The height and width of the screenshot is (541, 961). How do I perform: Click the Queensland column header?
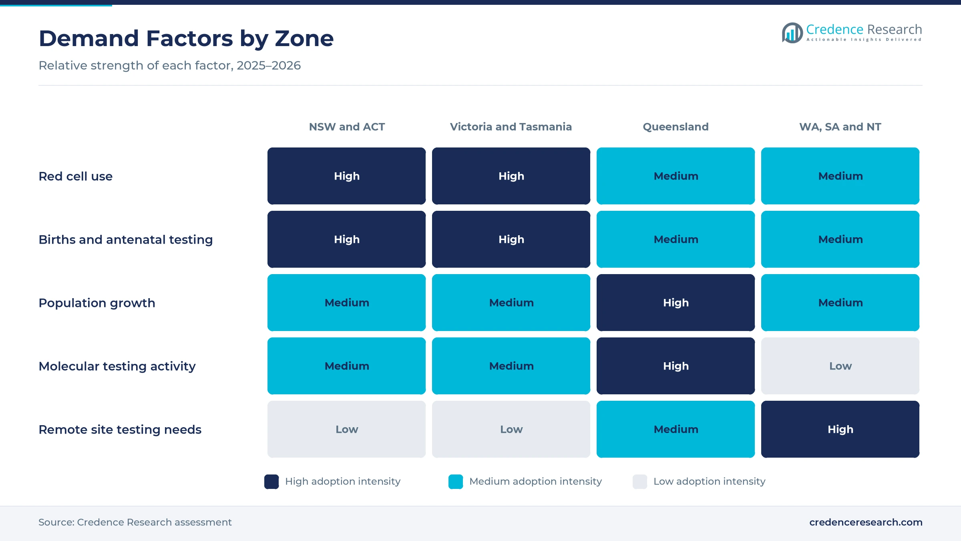click(676, 127)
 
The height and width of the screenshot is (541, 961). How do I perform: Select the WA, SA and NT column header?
click(840, 127)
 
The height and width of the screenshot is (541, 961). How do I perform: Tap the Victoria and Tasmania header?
click(511, 127)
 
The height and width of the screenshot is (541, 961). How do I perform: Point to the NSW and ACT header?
click(347, 127)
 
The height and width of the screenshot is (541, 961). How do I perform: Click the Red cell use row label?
click(76, 176)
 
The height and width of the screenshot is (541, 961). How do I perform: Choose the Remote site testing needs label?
click(120, 430)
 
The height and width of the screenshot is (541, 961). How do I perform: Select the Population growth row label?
click(97, 303)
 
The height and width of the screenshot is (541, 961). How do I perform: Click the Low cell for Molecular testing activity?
click(840, 366)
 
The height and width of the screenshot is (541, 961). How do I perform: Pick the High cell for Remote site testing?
click(840, 429)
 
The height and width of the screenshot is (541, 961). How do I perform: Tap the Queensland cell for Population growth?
click(676, 303)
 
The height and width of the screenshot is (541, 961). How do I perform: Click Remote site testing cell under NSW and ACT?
click(347, 429)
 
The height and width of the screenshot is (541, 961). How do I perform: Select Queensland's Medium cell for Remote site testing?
click(676, 429)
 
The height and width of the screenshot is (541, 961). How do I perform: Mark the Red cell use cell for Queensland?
click(676, 176)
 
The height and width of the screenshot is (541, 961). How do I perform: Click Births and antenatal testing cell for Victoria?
click(511, 239)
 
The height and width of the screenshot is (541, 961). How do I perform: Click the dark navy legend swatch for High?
click(271, 482)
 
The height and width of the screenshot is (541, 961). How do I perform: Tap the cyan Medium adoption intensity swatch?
click(456, 482)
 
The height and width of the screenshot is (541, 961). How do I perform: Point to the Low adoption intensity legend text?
click(710, 481)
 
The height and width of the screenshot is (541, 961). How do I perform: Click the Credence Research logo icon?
click(792, 33)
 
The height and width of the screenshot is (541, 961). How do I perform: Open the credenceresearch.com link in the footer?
click(866, 522)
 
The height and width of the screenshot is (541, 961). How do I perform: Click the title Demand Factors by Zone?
click(186, 38)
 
